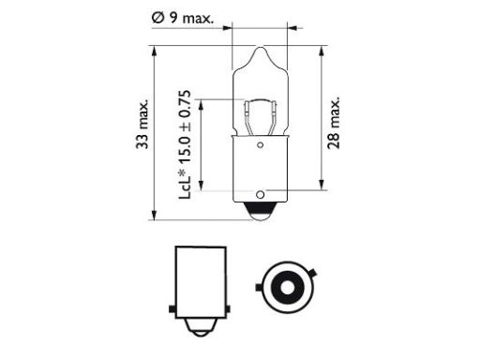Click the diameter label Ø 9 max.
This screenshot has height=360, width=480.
tap(183, 18)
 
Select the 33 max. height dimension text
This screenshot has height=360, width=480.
tap(142, 124)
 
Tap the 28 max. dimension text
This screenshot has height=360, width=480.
tap(333, 123)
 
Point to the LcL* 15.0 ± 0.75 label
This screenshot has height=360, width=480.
tap(185, 144)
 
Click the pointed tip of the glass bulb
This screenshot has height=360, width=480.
tap(260, 48)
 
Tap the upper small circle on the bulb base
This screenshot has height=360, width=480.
tap(260, 145)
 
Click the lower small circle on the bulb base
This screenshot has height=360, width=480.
tap(260, 195)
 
